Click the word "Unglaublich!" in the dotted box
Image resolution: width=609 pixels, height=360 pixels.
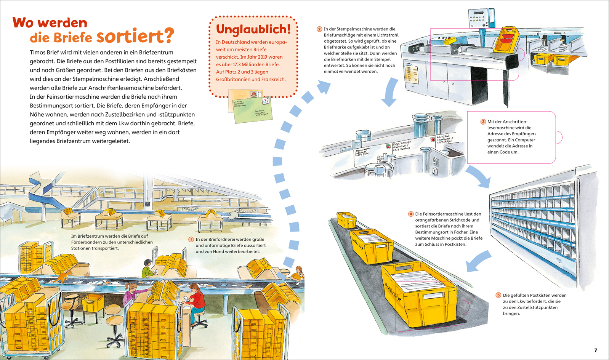click(253, 29)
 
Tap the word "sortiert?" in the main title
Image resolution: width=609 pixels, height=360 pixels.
click(135, 36)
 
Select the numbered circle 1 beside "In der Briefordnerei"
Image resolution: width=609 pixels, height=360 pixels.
click(191, 239)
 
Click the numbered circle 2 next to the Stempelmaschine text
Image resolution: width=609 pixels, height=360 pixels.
click(319, 29)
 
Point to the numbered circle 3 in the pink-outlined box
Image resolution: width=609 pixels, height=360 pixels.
click(483, 122)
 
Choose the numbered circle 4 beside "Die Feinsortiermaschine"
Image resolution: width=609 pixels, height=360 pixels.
click(410, 214)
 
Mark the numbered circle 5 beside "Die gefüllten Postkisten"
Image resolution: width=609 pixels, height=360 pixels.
click(498, 295)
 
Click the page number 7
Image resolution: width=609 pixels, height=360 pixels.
click(596, 350)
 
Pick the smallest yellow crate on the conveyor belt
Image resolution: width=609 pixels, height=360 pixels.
click(346, 220)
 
